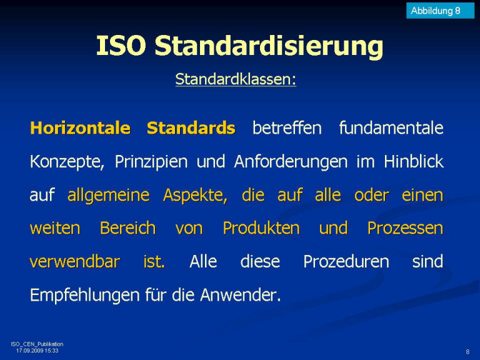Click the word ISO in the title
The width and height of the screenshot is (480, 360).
(121, 45)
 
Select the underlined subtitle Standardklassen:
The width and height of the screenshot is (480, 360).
(236, 79)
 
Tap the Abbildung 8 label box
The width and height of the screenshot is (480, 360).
(440, 11)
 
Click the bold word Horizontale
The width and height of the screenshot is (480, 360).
(80, 128)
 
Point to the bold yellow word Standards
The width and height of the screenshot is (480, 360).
(191, 128)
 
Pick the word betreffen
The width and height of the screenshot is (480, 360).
(287, 128)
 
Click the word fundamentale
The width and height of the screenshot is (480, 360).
(391, 128)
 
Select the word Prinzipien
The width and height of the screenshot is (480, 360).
(151, 162)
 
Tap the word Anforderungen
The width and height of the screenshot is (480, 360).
(291, 162)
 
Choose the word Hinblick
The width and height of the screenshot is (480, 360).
(414, 161)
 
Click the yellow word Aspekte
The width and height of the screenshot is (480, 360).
(195, 195)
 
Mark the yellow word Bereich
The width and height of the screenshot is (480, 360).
(128, 228)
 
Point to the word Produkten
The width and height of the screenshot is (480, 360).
(261, 228)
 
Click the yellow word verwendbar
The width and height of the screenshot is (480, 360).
(75, 262)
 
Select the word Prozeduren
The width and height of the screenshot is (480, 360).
(346, 262)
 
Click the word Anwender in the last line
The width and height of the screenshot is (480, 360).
(241, 295)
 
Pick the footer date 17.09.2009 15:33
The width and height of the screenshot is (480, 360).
(37, 351)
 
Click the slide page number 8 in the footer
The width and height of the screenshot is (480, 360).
(467, 352)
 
